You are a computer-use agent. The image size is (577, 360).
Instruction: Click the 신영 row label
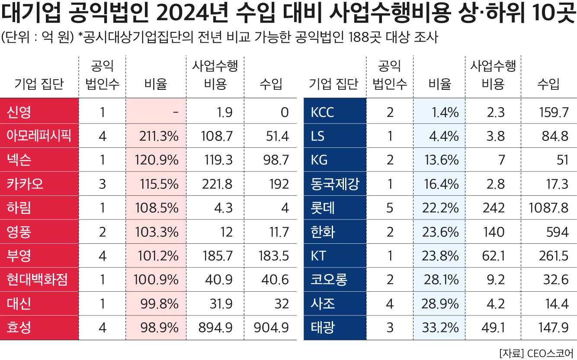point(19,113)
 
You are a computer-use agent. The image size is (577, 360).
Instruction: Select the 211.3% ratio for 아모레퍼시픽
point(159,137)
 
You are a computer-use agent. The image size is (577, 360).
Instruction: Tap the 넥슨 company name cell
point(19,160)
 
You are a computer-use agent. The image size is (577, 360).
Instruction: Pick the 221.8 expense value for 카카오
point(217,184)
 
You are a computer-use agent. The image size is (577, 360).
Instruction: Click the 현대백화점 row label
point(37,280)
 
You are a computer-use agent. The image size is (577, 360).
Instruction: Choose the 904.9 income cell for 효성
point(271,328)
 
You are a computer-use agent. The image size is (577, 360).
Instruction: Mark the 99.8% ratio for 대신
point(159,304)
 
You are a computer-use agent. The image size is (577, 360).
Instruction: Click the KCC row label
point(322,113)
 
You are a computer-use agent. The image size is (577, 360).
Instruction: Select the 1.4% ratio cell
point(445,113)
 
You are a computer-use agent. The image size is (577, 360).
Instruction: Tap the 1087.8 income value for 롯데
point(548,208)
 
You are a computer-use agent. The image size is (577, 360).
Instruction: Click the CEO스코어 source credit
point(550,352)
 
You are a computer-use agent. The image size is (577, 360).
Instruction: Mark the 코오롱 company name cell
point(329,280)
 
